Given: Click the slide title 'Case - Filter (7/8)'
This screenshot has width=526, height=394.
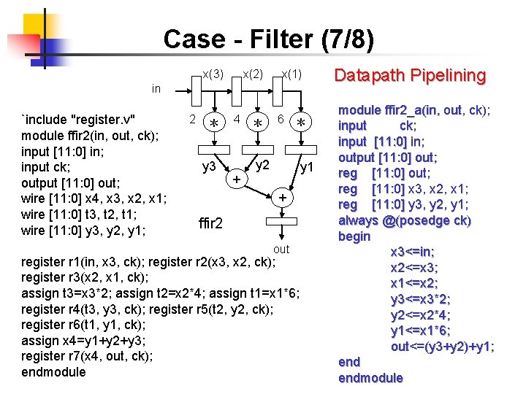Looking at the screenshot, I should click(268, 39).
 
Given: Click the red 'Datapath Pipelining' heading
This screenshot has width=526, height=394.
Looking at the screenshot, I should click(409, 75).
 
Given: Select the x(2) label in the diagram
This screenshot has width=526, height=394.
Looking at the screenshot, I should click(253, 74).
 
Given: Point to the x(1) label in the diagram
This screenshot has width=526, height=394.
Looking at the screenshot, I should click(292, 74).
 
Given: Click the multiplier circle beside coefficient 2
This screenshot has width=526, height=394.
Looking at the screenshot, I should click(214, 123).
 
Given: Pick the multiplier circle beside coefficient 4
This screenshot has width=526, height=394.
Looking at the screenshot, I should click(257, 123).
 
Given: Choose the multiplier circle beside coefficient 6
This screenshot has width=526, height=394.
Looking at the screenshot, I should click(299, 123).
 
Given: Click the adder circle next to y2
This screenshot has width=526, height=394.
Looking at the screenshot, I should click(236, 178).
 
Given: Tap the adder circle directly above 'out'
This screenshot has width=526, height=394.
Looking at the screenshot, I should click(281, 198).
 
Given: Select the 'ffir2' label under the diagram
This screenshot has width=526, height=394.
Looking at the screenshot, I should click(210, 223).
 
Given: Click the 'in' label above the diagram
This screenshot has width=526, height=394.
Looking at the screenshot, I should click(156, 89).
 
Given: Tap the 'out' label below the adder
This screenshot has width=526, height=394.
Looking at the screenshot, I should click(281, 250).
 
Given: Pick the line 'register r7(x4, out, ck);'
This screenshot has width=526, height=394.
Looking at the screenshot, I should click(88, 356).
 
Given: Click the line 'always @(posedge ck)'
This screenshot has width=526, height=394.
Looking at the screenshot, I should click(405, 220).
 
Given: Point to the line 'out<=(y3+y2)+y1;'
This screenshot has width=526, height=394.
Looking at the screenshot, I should click(443, 347).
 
